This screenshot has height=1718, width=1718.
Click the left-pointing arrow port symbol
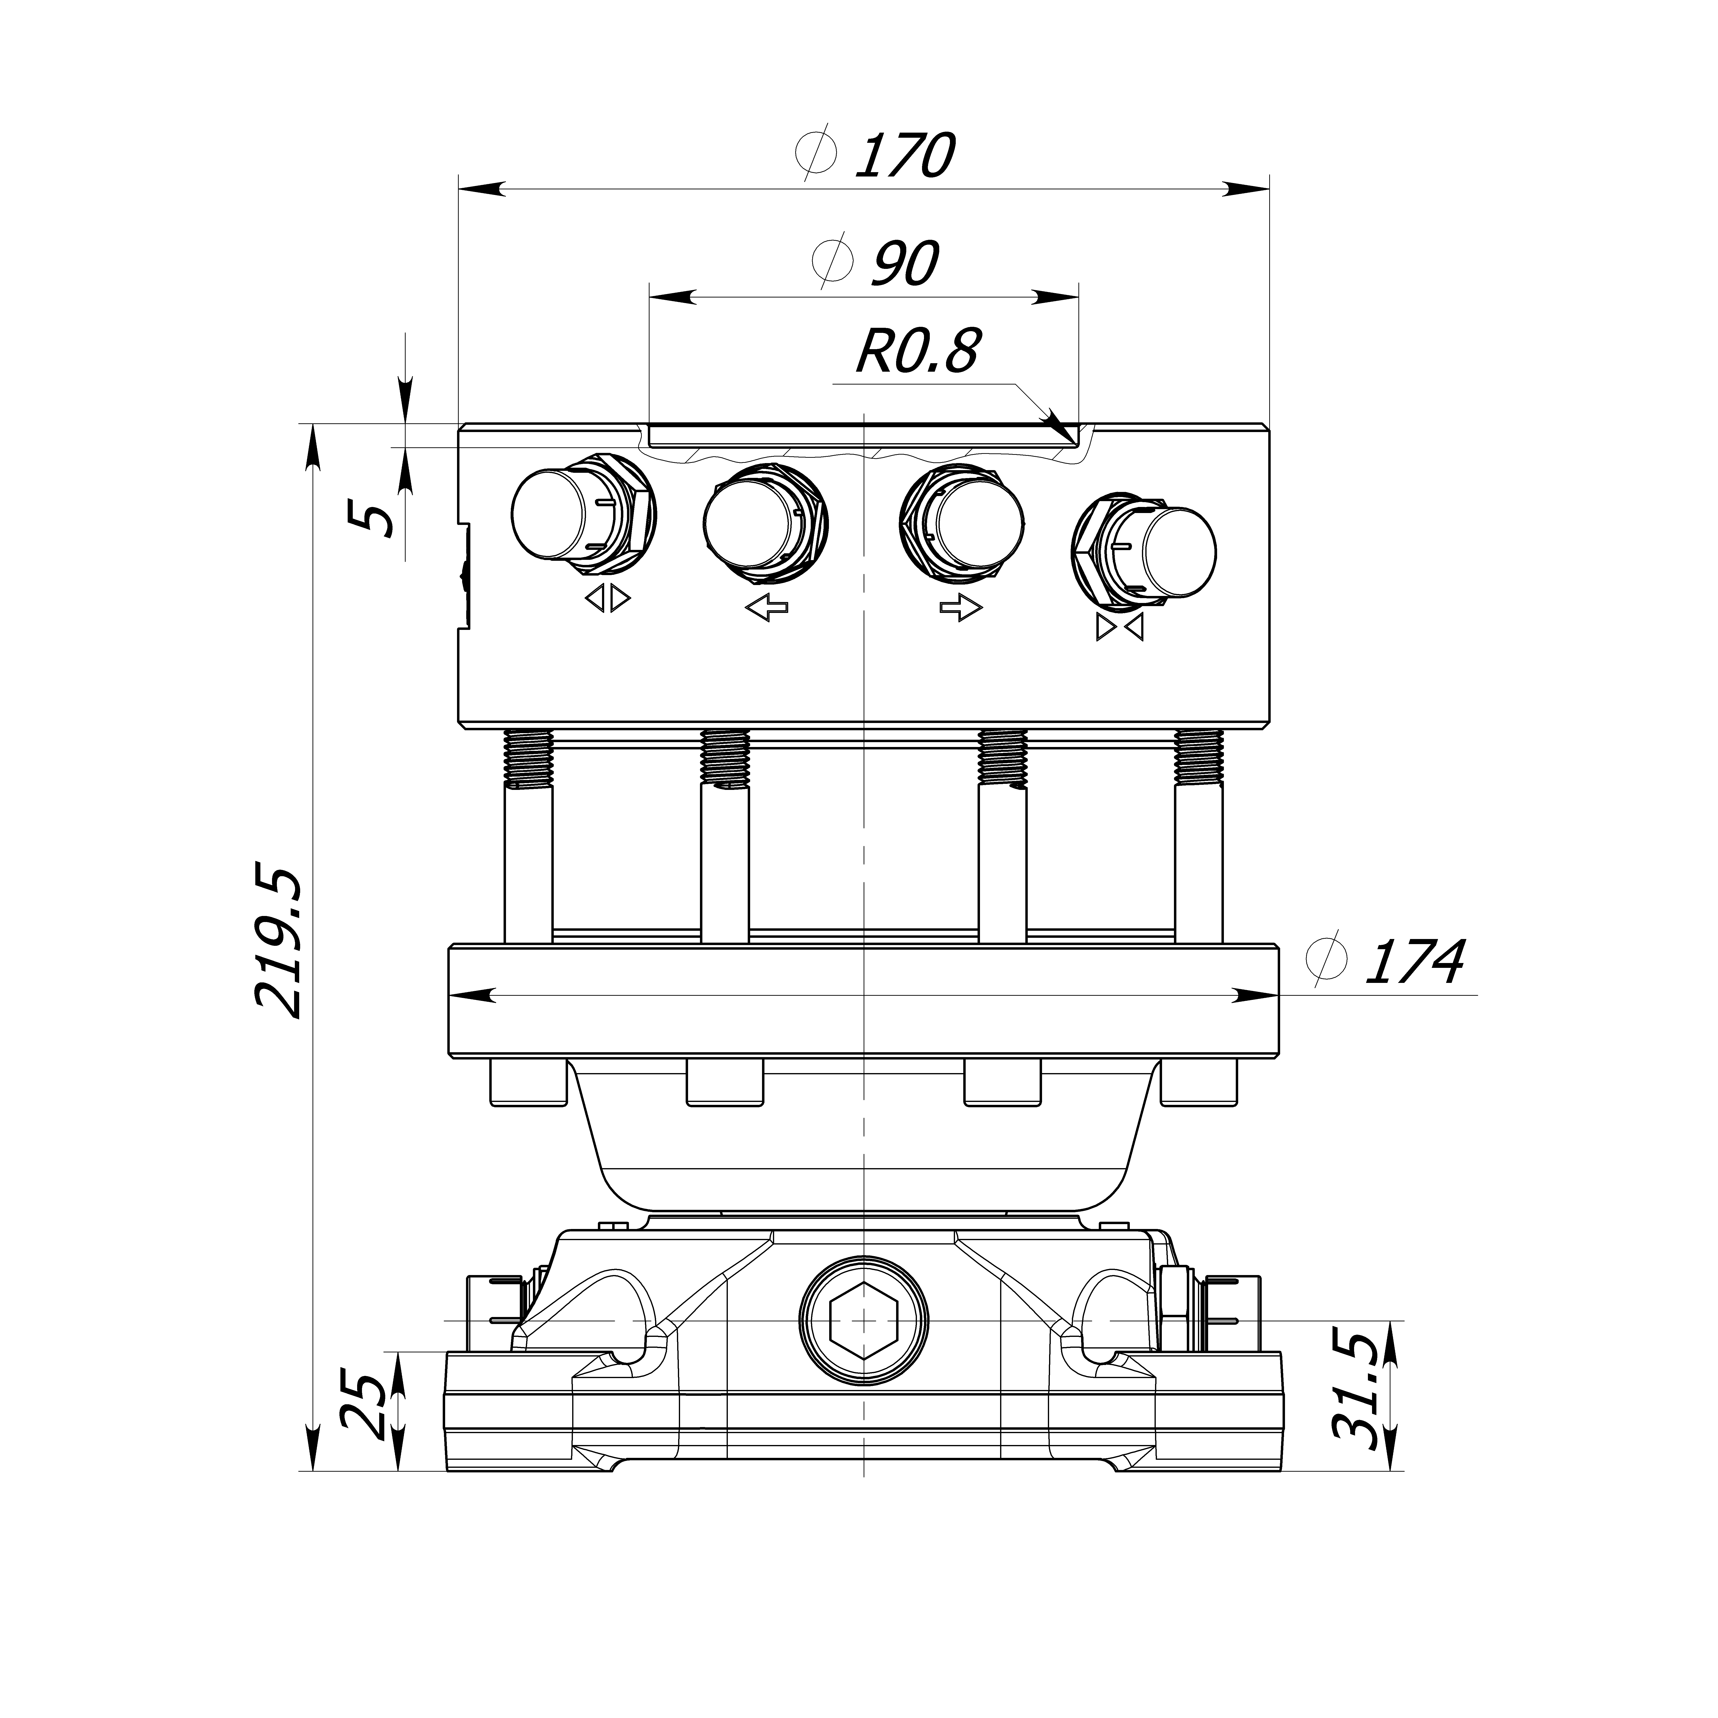coord(767,608)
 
